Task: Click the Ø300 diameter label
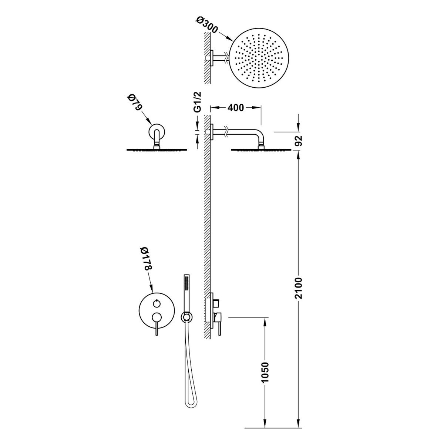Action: click(207, 26)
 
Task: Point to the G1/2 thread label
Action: click(198, 102)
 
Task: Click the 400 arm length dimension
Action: click(235, 108)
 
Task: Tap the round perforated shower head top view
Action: click(259, 58)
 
